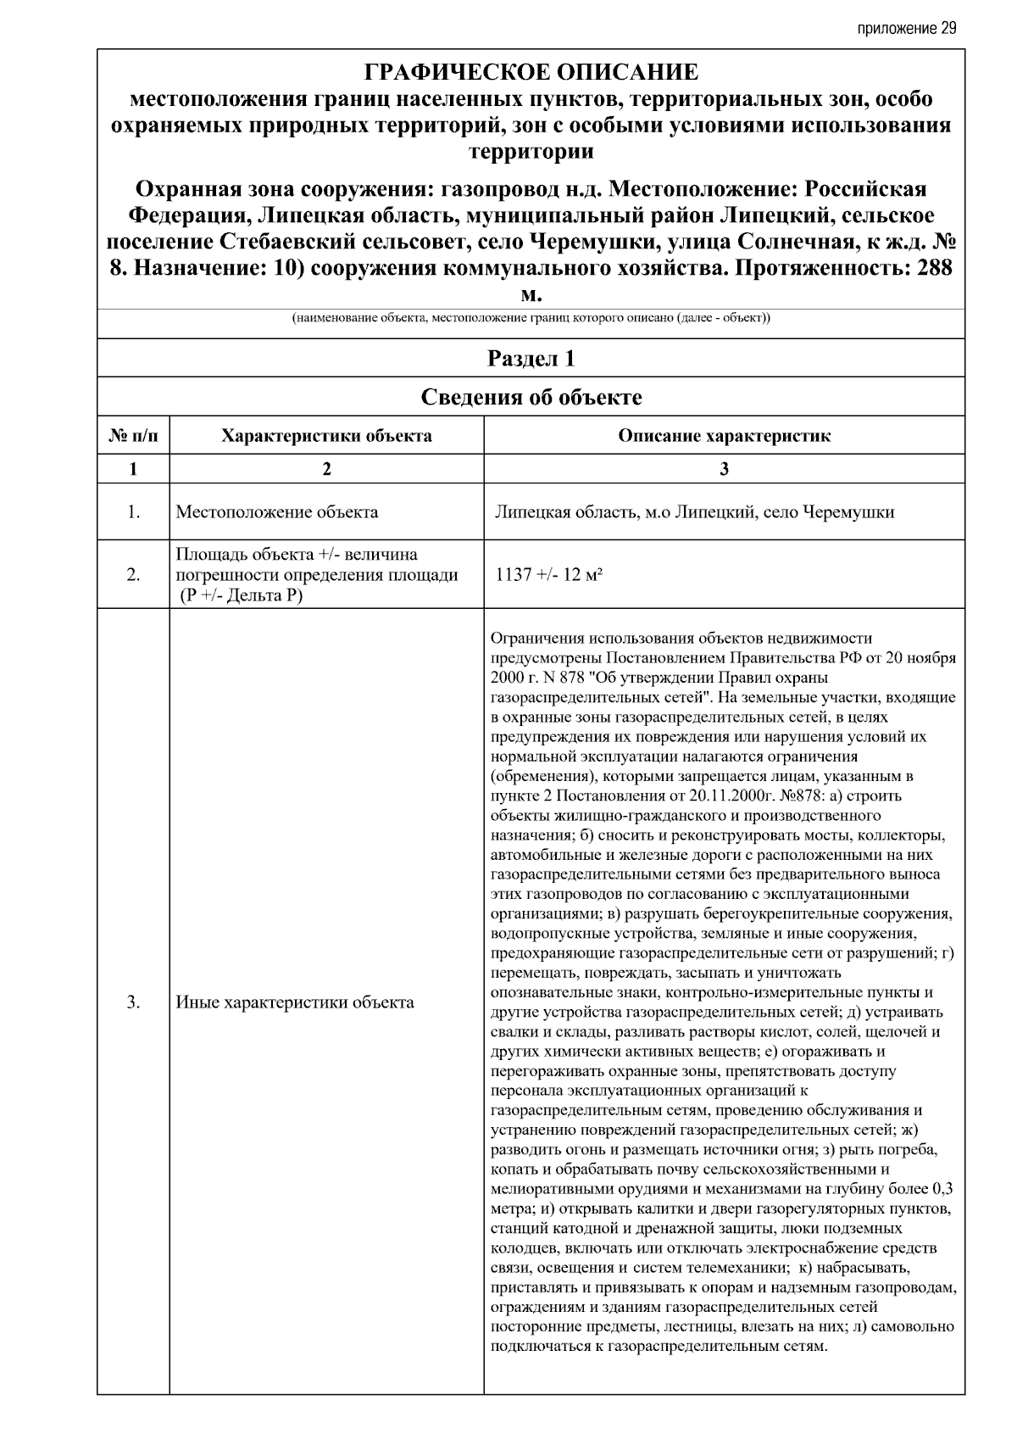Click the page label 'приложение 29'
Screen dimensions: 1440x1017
click(x=908, y=28)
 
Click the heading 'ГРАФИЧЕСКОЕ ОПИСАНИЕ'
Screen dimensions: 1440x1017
click(x=531, y=72)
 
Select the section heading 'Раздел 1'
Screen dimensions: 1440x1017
click(x=531, y=359)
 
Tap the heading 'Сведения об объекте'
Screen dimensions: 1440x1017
click(x=531, y=397)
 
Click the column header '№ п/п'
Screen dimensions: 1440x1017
click(x=133, y=436)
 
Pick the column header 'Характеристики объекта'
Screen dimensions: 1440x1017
click(x=326, y=436)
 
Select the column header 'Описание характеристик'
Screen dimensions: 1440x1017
click(x=724, y=436)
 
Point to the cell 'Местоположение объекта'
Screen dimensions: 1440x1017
click(x=277, y=512)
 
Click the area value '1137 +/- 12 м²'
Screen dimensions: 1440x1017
click(x=548, y=575)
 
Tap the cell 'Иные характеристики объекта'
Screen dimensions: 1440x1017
click(x=295, y=1002)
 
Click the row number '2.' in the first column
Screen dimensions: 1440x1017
click(x=133, y=575)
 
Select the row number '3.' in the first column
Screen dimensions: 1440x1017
click(x=133, y=1002)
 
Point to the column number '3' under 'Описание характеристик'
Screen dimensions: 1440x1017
click(x=724, y=469)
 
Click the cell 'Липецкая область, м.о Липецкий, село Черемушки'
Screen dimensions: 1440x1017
click(x=695, y=512)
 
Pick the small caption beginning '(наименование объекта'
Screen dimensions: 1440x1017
click(x=531, y=318)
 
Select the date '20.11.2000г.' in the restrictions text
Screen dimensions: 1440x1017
click(x=713, y=795)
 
